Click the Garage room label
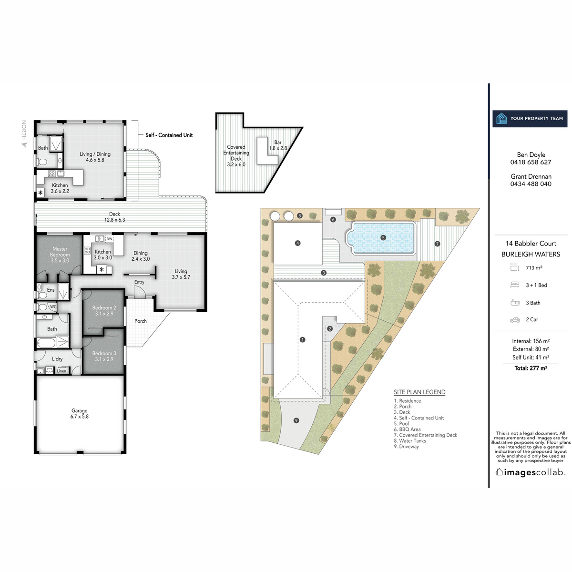pos(80,413)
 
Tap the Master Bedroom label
pos(60,255)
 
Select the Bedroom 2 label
pos(104,311)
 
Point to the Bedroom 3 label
pos(104,356)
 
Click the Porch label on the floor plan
pos(141,321)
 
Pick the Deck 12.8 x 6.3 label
pos(114,217)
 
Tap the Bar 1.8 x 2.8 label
pos(278,145)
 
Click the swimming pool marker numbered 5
pos(383,237)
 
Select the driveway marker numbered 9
pos(296,420)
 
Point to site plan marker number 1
pos(303,340)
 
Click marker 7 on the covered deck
pos(437,244)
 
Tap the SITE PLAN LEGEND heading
pos(419,392)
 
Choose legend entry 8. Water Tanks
pos(410,441)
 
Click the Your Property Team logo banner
pos(530,118)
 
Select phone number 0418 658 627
pos(531,162)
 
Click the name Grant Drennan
pos(531,176)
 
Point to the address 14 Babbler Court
pos(531,244)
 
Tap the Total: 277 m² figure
pos(531,368)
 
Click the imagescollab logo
pos(531,472)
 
